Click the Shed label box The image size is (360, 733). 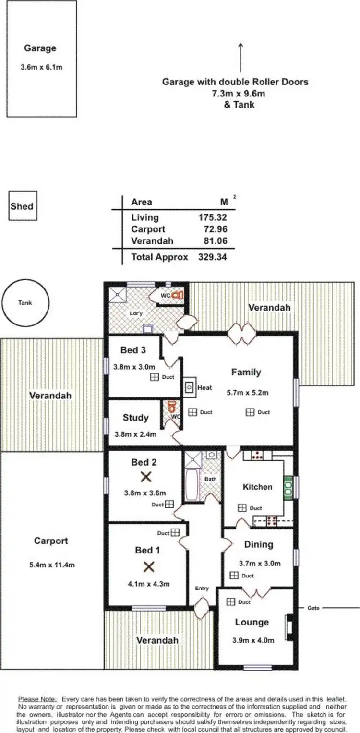[22, 206]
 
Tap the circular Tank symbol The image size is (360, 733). [25, 303]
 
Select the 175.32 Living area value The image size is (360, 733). [213, 217]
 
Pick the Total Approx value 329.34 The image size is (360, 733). [213, 257]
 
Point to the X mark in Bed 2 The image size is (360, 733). [146, 477]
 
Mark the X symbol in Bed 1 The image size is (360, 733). [149, 567]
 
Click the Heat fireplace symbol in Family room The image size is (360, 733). [190, 387]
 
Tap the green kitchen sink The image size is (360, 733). [288, 487]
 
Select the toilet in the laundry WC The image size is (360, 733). [178, 295]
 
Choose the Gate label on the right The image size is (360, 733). [313, 608]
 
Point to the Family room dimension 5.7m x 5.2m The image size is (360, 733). [247, 393]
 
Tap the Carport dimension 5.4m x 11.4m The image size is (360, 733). [52, 565]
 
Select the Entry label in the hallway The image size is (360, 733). [202, 589]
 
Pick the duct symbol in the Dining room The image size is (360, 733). [234, 575]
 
